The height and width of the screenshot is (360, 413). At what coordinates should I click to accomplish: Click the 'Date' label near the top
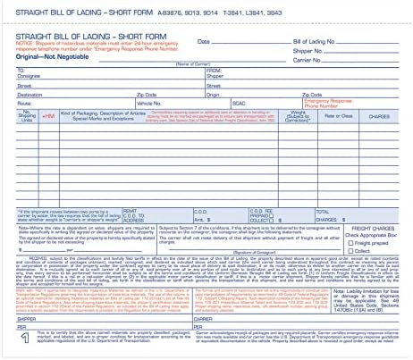(204, 42)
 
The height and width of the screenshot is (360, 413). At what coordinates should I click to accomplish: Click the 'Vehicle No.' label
(183, 103)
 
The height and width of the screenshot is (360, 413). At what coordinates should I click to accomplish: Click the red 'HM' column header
(48, 116)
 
